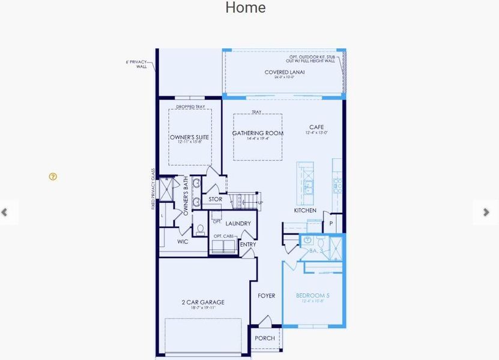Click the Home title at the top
tap(245, 8)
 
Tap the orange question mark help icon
tap(53, 176)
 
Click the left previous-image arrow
tap(5, 212)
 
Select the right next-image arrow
tap(486, 212)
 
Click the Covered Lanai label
tap(284, 73)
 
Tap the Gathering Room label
tap(258, 133)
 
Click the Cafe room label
tap(316, 127)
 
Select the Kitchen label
tap(305, 211)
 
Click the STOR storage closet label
tap(216, 199)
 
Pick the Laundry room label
tap(238, 224)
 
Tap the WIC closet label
tap(183, 242)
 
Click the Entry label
tap(247, 245)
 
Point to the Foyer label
tap(267, 296)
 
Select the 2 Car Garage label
tap(203, 302)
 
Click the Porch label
tap(265, 338)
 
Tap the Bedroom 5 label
tap(312, 296)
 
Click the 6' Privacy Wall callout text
tap(138, 64)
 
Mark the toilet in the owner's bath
tap(201, 230)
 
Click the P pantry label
tap(331, 224)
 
